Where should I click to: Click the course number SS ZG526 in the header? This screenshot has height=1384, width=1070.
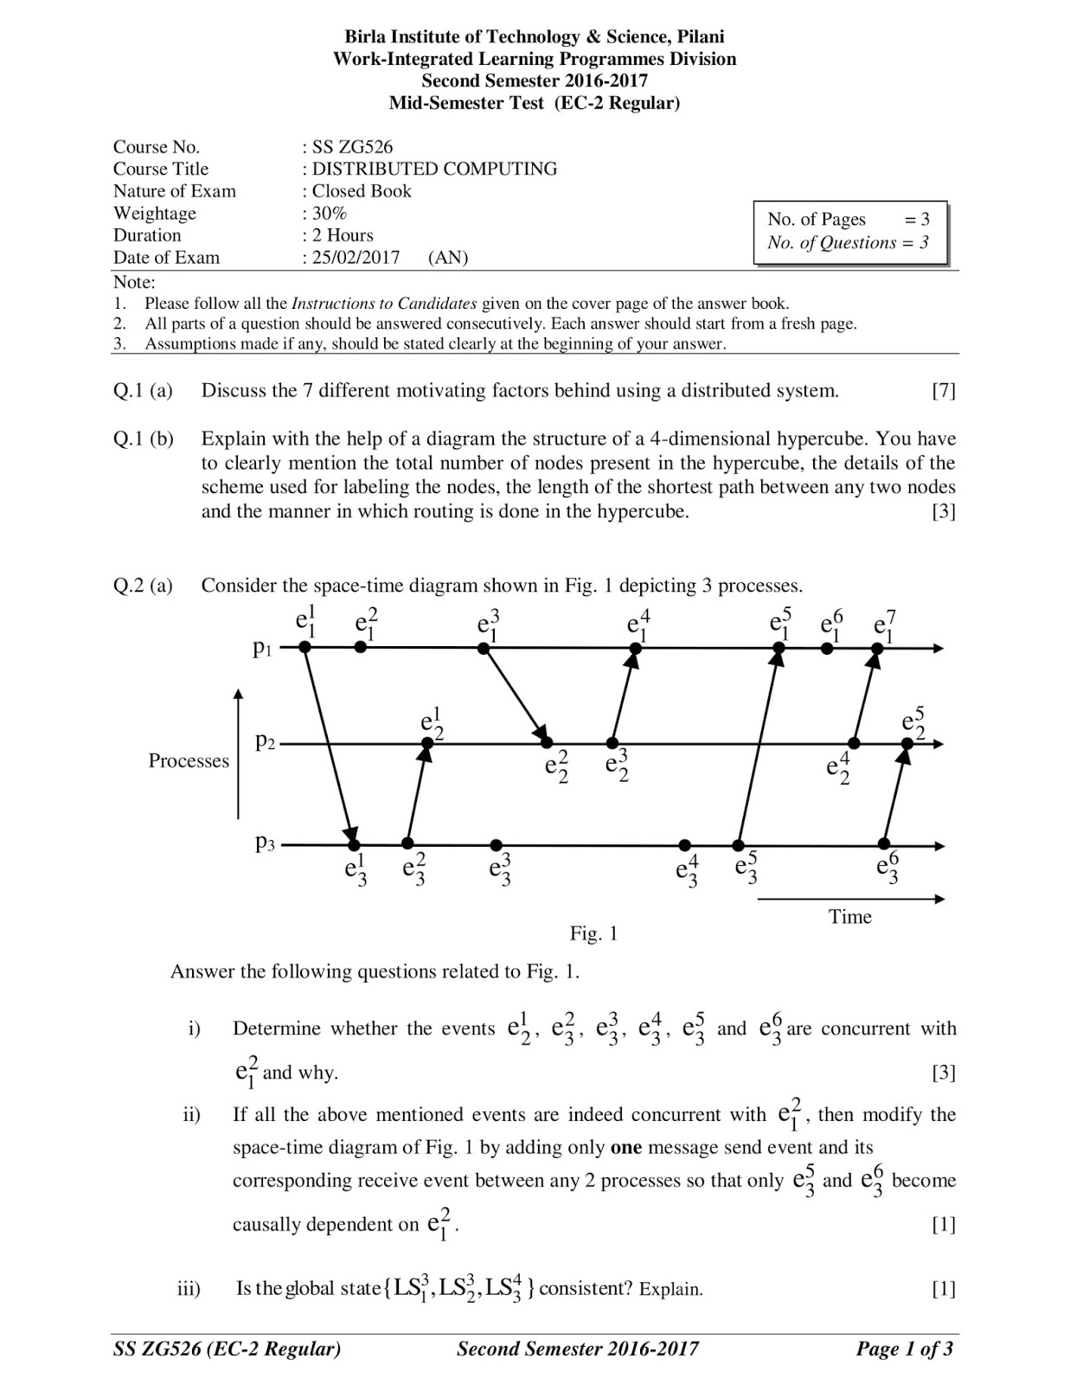point(352,147)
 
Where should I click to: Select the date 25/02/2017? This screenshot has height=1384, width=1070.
point(356,258)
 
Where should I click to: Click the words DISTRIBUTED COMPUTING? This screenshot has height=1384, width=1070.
point(434,169)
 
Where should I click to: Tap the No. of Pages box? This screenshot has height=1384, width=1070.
point(849,231)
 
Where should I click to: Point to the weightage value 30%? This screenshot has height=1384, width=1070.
point(330,213)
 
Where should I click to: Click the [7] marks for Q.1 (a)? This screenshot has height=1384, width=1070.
point(943,391)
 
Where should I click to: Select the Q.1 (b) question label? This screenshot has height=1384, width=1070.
point(144,439)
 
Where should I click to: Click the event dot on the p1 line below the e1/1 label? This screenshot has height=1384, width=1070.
point(304,647)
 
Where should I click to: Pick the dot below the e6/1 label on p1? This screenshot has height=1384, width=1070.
point(827,647)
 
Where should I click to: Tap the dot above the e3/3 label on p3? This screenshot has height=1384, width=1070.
point(496,844)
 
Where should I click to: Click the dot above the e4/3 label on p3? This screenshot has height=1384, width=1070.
point(684,844)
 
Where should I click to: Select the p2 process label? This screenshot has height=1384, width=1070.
point(265,742)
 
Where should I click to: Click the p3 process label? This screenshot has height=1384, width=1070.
point(265,843)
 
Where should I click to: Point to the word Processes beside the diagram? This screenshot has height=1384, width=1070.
point(189,760)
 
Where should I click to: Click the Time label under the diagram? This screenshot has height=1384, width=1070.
point(849,917)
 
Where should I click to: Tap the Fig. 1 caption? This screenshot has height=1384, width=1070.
point(593,933)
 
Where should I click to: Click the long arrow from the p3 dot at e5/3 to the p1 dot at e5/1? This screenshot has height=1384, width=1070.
point(758,746)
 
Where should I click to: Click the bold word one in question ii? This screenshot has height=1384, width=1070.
point(626,1148)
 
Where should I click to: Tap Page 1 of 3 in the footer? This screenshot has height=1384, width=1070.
point(904,1349)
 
